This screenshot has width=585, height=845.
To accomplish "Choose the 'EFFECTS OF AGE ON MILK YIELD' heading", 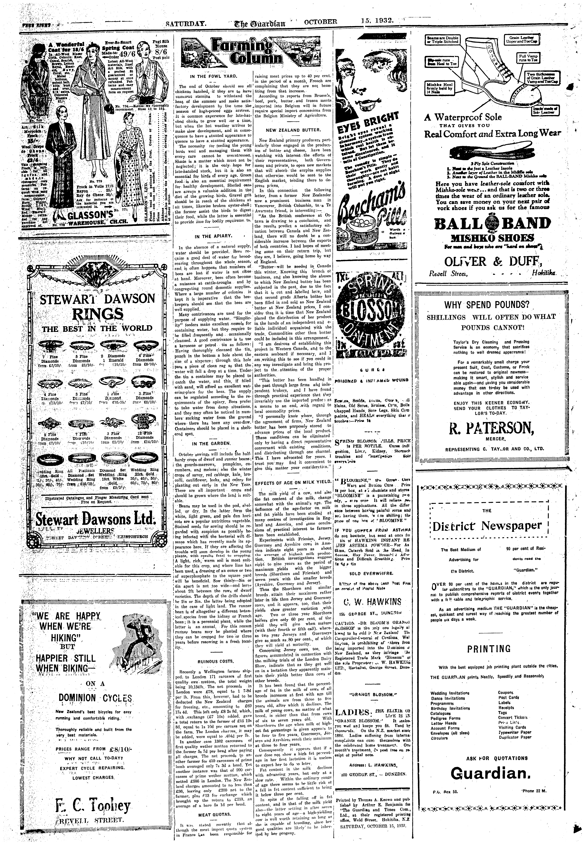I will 293,483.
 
